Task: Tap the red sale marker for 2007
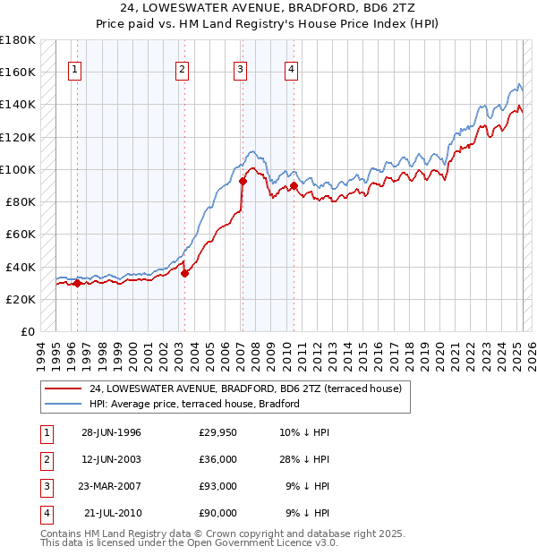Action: coord(243,182)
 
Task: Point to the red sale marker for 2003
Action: coord(184,273)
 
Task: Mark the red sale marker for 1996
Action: coord(77,284)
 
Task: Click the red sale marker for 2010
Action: coord(294,186)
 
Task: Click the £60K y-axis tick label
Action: coord(21,234)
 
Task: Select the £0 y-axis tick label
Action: coord(28,331)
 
